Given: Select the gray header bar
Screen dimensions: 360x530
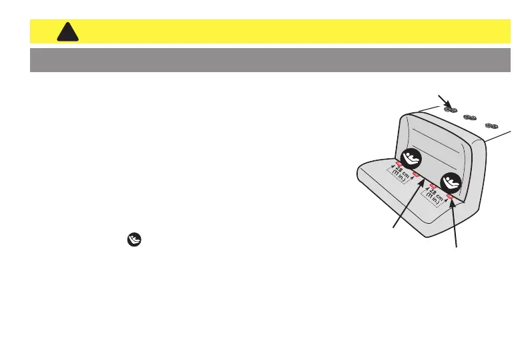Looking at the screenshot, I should (x=270, y=59).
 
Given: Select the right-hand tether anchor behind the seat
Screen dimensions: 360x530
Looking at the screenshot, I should (x=493, y=125).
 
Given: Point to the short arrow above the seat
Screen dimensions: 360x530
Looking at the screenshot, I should (x=444, y=102).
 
